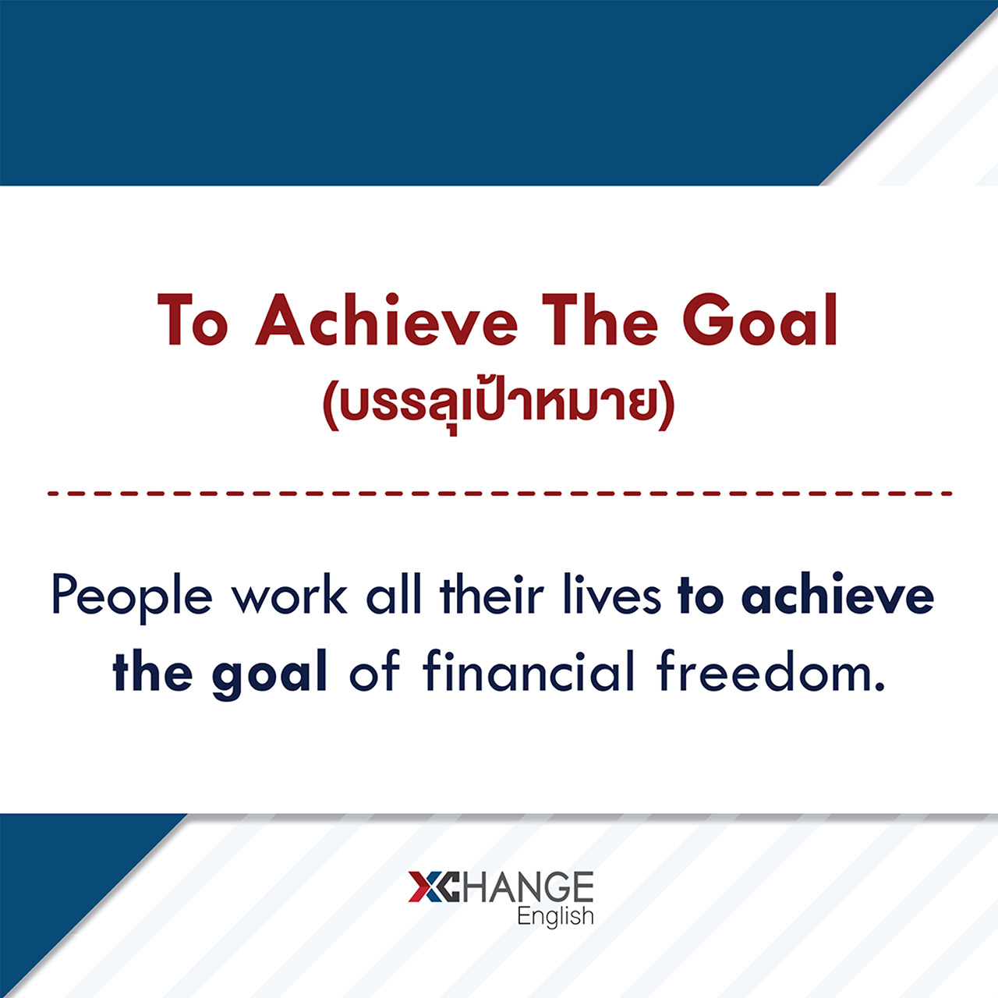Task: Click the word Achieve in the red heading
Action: point(387,320)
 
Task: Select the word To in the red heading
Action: point(193,320)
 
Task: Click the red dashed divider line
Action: point(500,494)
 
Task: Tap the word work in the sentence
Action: point(289,595)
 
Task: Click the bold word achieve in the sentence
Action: point(837,594)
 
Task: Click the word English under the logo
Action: point(555,917)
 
